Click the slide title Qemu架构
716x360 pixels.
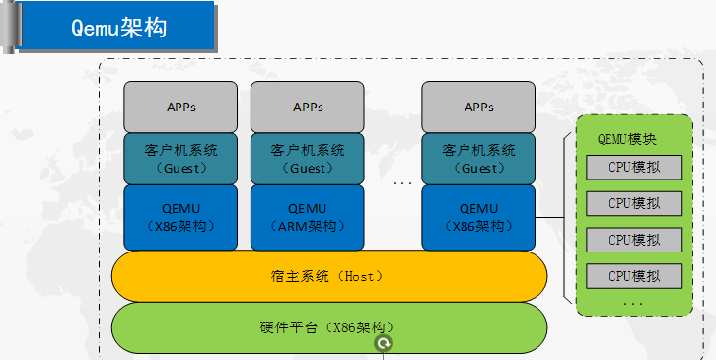118,28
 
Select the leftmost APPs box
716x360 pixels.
180,107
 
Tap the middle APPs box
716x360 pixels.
308,107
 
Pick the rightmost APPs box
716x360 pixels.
478,107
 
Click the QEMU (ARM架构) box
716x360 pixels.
308,217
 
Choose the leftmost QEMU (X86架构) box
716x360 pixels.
180,217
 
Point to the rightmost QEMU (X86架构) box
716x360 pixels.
478,217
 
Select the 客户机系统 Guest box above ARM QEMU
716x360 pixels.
308,159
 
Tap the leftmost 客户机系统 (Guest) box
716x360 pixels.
180,159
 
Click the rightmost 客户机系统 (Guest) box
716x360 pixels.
478,159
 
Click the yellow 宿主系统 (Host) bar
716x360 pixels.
329,276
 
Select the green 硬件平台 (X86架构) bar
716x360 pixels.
329,326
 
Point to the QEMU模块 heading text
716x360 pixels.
632,140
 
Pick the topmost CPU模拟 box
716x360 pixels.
633,167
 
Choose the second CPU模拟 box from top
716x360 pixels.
633,203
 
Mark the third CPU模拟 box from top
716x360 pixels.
633,240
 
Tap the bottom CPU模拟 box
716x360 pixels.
633,275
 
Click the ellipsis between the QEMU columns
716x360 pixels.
402,183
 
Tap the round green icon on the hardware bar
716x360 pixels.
384,343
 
